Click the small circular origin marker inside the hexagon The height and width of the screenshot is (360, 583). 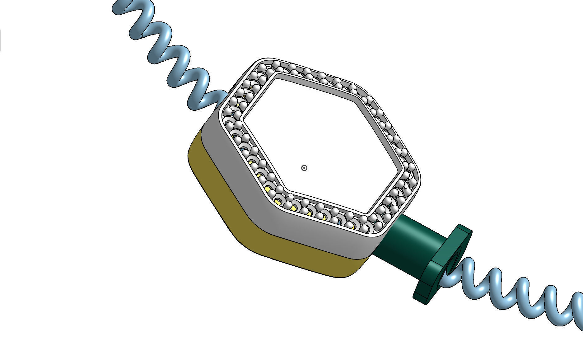pos(304,168)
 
